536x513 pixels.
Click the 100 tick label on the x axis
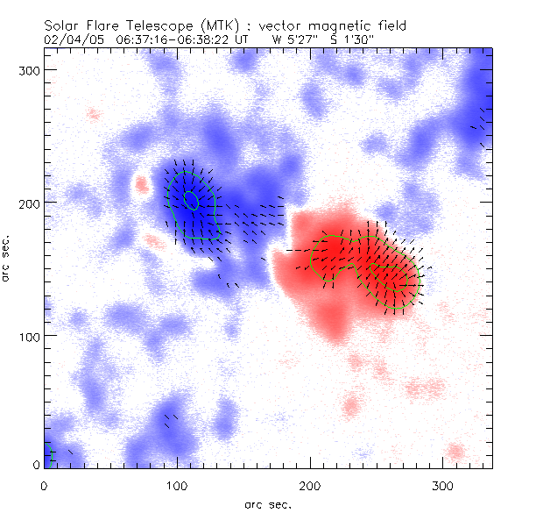click(x=177, y=484)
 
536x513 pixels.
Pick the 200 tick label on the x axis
click(x=310, y=484)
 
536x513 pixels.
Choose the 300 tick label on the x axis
click(x=443, y=484)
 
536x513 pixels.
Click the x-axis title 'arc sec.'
click(x=267, y=503)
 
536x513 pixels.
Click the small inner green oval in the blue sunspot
click(x=191, y=200)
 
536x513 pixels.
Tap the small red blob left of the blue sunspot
click(x=140, y=184)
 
